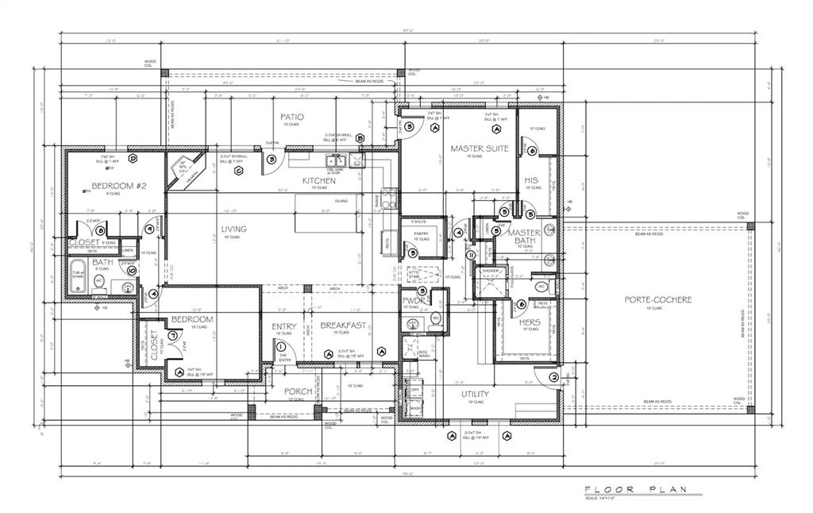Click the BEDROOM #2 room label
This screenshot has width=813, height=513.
coord(119,186)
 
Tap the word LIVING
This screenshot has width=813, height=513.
coord(233,229)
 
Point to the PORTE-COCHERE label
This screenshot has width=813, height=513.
coord(658,300)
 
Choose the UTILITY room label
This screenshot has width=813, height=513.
coord(475,394)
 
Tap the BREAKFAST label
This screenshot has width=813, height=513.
coord(343,325)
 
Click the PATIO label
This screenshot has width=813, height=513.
coord(291,118)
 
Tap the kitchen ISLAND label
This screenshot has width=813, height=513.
coord(341,202)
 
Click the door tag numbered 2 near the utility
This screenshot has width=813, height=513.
coord(553,376)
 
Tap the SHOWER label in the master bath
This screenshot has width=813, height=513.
coord(491,272)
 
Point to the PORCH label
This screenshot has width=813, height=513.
coord(298,391)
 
